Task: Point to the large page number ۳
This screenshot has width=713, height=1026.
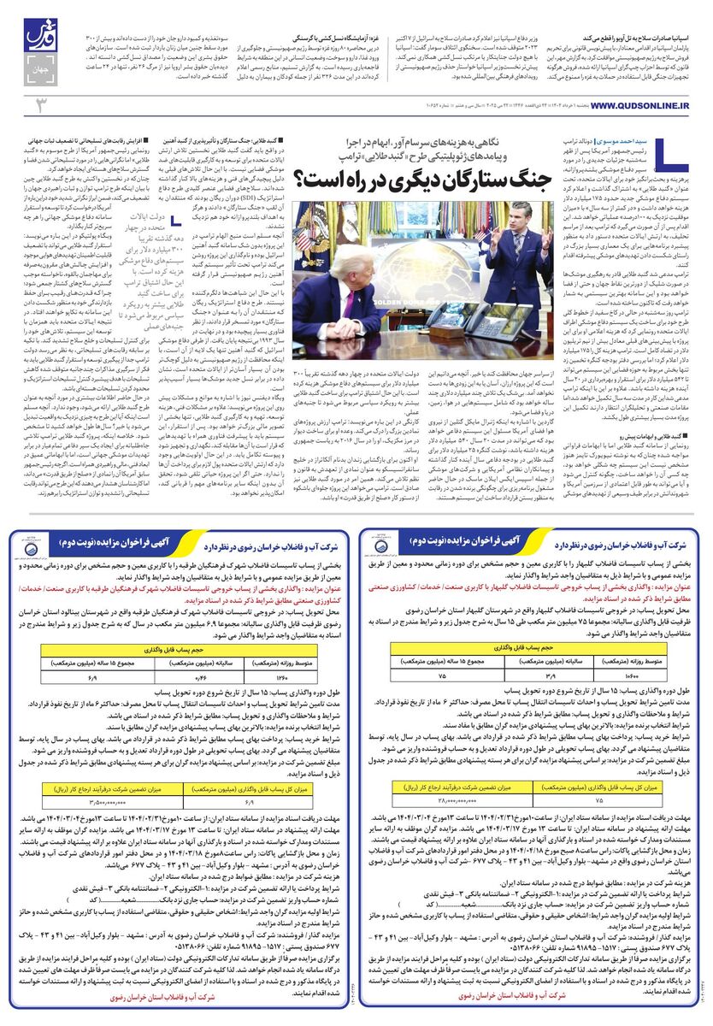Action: [x=38, y=105]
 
